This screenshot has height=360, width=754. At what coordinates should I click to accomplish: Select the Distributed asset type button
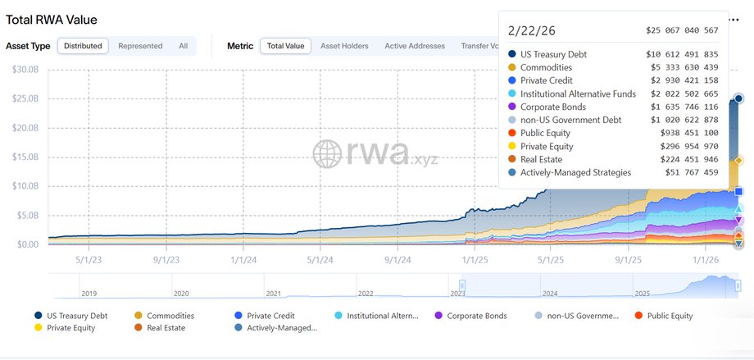(x=83, y=46)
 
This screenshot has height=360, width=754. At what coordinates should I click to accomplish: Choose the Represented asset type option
(x=140, y=46)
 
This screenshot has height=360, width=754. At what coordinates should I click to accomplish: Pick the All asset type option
(x=183, y=46)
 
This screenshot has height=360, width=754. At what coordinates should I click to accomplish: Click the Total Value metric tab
(x=285, y=46)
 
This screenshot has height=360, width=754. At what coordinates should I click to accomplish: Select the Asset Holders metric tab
(x=344, y=46)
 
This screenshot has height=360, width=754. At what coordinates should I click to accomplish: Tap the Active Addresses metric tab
(x=415, y=46)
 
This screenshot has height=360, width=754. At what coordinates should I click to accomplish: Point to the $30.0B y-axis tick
(x=25, y=70)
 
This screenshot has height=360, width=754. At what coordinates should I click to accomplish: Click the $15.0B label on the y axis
(x=25, y=157)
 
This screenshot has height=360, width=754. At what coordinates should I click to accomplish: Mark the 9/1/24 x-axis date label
(x=397, y=258)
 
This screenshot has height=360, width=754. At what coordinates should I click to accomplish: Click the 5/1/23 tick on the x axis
(x=89, y=258)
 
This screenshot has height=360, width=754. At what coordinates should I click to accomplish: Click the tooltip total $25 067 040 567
(x=682, y=30)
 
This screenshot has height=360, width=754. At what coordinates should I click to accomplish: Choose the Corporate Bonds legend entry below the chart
(x=476, y=316)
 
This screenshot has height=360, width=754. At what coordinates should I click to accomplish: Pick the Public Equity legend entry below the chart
(x=670, y=316)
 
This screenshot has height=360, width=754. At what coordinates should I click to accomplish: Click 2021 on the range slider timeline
(x=273, y=293)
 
